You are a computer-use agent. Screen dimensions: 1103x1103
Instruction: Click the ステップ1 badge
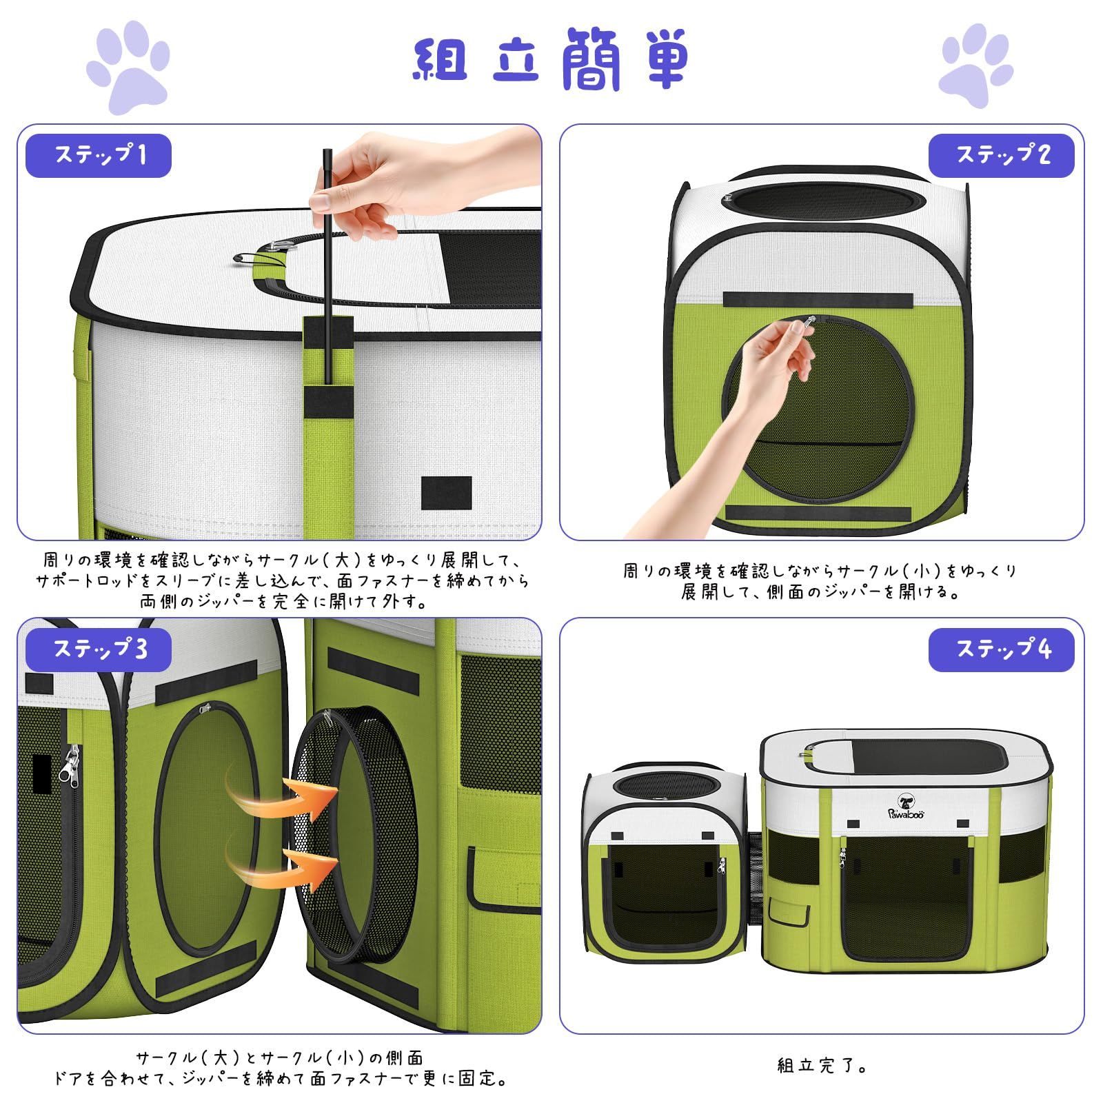pos(99,156)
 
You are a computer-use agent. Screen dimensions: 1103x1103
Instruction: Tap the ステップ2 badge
pos(1001,156)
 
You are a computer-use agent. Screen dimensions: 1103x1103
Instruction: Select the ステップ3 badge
pos(99,649)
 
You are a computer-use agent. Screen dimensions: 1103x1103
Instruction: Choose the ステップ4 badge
pos(1001,649)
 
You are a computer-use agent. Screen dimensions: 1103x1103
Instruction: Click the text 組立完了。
pos(822,1066)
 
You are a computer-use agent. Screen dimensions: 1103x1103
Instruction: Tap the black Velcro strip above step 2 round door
pos(818,300)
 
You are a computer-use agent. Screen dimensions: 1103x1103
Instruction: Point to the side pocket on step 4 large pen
pos(789,913)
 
